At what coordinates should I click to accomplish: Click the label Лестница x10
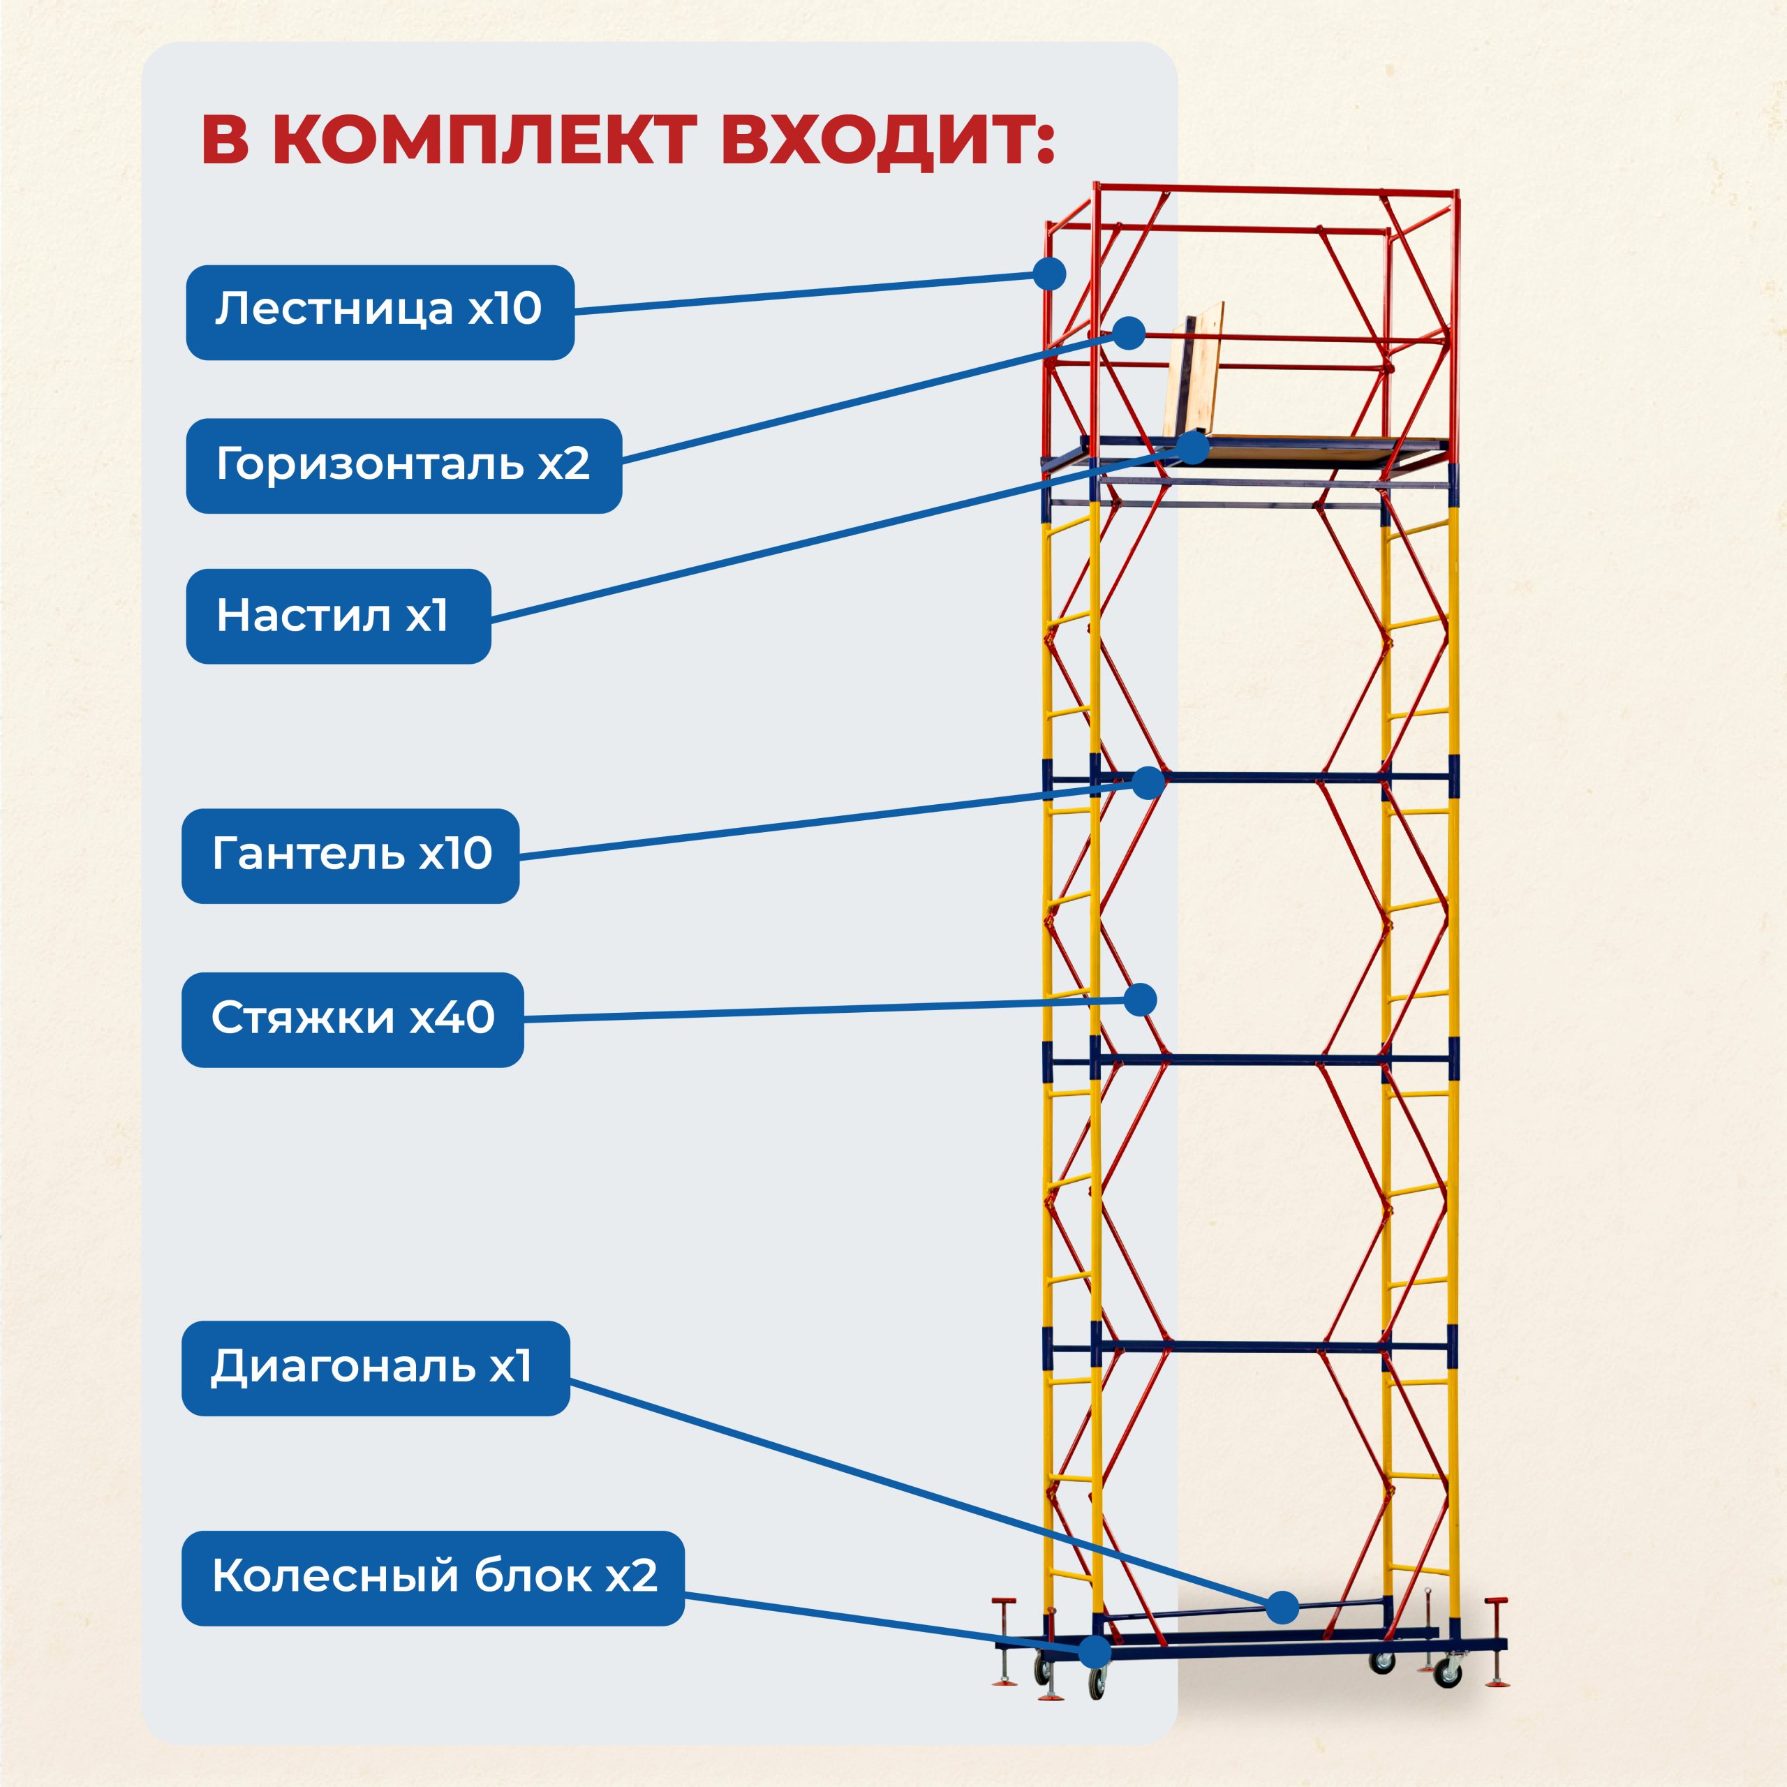(379, 313)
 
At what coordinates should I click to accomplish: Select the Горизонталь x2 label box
(403, 466)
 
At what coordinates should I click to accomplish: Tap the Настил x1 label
(338, 616)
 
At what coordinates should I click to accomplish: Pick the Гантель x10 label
(350, 856)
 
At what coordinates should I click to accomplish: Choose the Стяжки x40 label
(353, 1019)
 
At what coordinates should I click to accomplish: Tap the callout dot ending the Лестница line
(1049, 274)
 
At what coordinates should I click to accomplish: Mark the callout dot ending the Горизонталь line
(1129, 333)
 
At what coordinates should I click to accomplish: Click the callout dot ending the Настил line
(1194, 447)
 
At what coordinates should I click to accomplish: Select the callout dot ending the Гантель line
(1148, 783)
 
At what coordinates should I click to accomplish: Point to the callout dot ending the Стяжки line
(1141, 1000)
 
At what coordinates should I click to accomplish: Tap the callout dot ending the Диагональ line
(1282, 1608)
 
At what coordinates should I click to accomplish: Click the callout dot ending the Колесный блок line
(1095, 1651)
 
